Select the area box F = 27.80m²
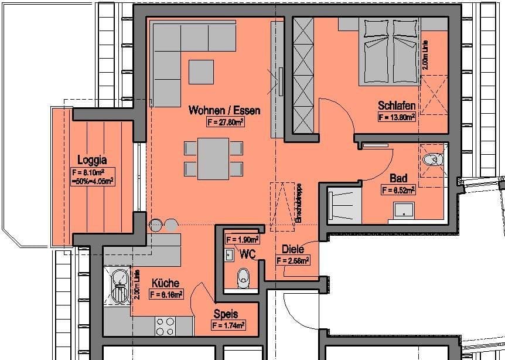(226, 123)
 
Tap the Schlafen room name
(397, 106)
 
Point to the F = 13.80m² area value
(397, 117)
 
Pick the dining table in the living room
(213, 157)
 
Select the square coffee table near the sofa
(201, 72)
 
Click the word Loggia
(92, 159)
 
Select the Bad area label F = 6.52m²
(398, 189)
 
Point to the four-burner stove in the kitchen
(166, 325)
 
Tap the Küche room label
(165, 283)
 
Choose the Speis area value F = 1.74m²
(228, 325)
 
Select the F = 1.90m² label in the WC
(243, 239)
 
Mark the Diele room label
(292, 249)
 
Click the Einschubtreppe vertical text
(298, 201)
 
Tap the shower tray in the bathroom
(404, 210)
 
